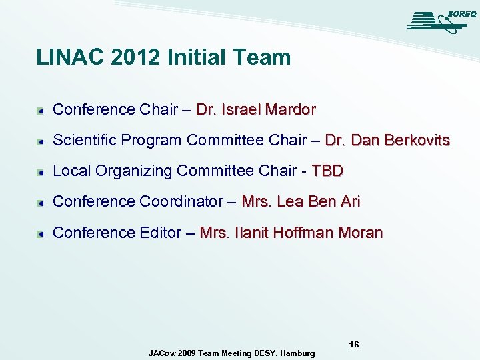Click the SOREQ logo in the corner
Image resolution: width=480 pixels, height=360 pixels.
point(438,21)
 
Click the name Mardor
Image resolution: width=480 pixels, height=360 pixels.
point(290,109)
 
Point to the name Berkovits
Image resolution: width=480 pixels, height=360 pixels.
point(417,141)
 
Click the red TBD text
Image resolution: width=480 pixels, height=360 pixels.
point(327,171)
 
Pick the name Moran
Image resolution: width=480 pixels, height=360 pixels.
point(360,233)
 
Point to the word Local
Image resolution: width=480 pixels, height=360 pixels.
point(71,171)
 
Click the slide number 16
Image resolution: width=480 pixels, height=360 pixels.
point(354,345)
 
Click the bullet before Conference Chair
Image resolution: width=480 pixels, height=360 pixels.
point(41,110)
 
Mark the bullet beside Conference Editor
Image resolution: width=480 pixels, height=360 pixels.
point(41,233)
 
